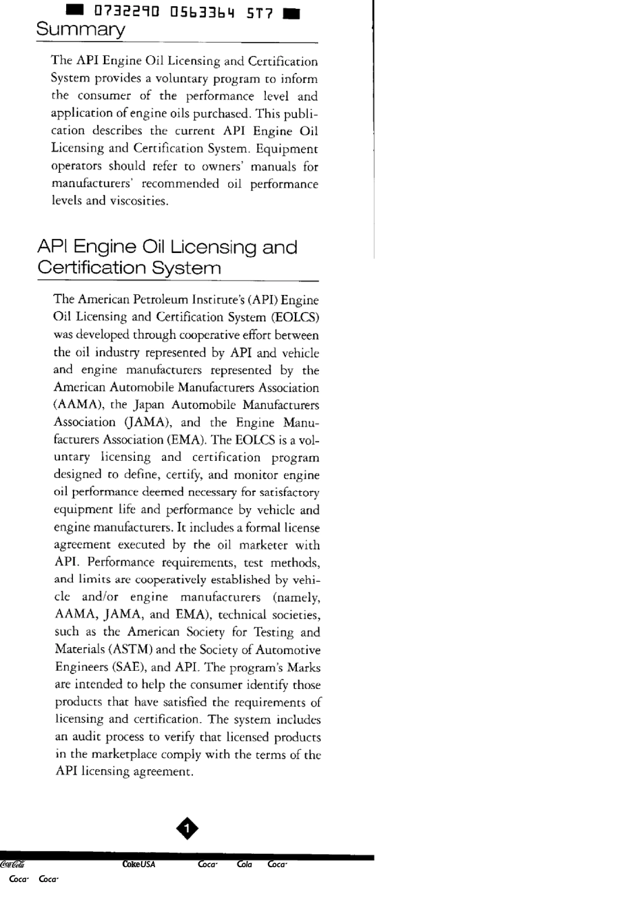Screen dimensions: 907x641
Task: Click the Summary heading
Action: click(80, 30)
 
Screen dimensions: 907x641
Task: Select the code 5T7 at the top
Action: click(259, 12)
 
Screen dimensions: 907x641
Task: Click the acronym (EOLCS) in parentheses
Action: click(295, 317)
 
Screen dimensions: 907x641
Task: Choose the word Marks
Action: click(304, 667)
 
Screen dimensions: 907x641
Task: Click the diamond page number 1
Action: click(187, 828)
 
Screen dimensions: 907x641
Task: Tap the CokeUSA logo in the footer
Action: click(138, 864)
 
